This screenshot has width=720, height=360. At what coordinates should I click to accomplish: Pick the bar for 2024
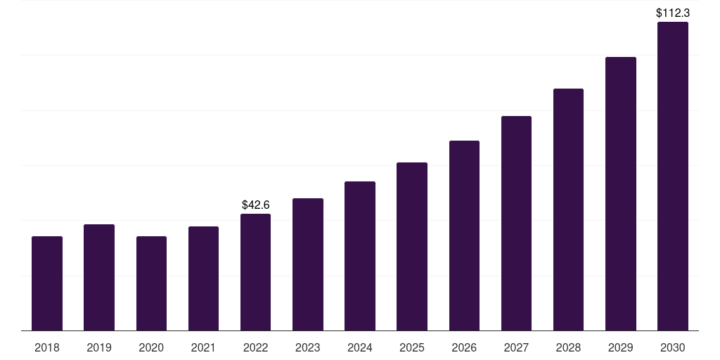click(360, 256)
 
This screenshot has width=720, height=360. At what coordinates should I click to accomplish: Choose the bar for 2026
click(464, 236)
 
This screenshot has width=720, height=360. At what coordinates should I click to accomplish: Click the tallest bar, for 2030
click(673, 176)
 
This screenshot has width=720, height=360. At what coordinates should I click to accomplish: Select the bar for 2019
click(99, 277)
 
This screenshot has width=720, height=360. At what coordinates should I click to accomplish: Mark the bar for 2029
click(621, 193)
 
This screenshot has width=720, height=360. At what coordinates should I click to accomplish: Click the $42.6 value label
click(255, 205)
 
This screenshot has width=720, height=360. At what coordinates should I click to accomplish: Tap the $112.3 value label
click(673, 13)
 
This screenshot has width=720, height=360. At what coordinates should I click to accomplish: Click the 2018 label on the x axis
click(47, 347)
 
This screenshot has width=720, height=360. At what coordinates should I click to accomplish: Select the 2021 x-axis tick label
click(203, 347)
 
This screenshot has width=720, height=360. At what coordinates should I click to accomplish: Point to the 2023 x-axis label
click(308, 347)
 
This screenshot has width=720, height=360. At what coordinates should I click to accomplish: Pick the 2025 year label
click(412, 347)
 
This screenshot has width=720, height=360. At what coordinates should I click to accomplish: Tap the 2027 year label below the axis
click(516, 347)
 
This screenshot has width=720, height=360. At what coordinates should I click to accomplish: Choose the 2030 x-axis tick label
click(673, 347)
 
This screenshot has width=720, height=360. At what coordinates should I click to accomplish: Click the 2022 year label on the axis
click(255, 347)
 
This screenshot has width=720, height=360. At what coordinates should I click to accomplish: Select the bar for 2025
click(412, 246)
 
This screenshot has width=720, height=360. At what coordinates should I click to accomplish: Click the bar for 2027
click(516, 223)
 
